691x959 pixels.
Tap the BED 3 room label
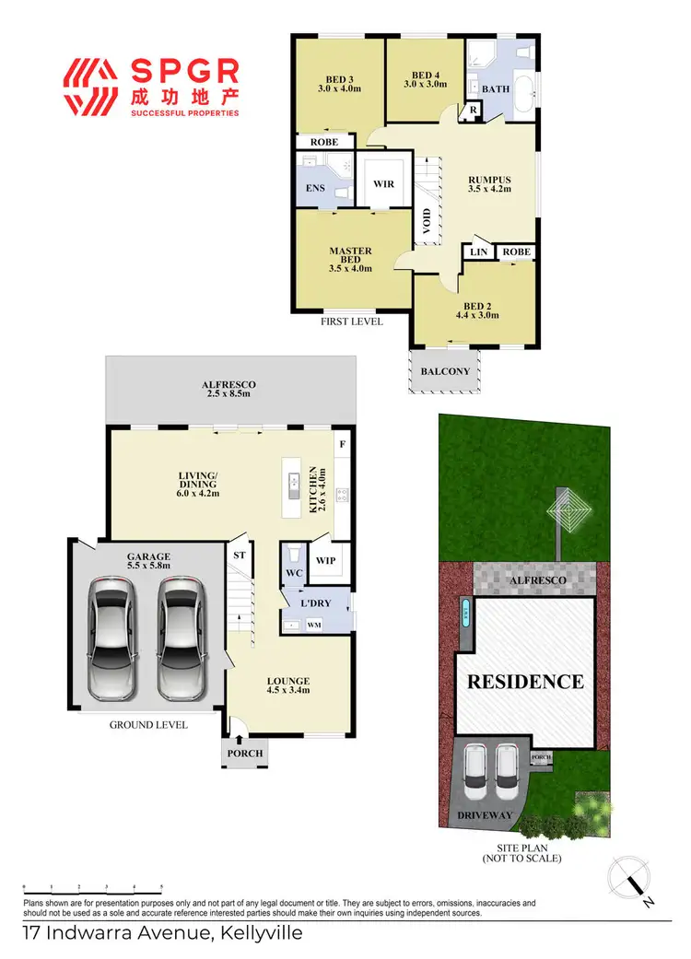(x=338, y=82)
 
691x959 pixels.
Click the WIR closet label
(x=383, y=184)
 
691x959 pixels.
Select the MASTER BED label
(x=350, y=256)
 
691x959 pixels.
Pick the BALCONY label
(x=445, y=372)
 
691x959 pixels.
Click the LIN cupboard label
(x=478, y=251)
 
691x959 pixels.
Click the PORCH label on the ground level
(x=245, y=754)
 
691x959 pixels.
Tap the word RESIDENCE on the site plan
(x=524, y=682)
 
